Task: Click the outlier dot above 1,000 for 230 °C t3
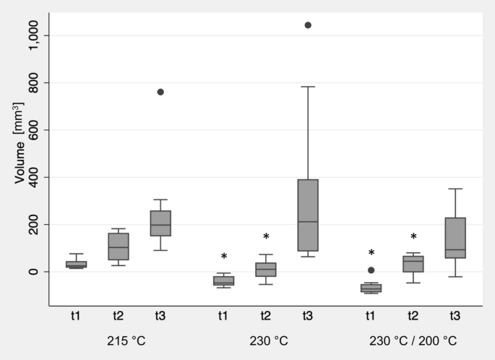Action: pyautogui.click(x=308, y=25)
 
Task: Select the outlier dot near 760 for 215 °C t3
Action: pyautogui.click(x=160, y=92)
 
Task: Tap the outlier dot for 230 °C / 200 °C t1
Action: pyautogui.click(x=371, y=270)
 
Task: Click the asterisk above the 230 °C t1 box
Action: pyautogui.click(x=224, y=257)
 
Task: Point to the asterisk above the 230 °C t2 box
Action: pyautogui.click(x=266, y=237)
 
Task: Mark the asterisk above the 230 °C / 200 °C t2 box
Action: pyautogui.click(x=413, y=237)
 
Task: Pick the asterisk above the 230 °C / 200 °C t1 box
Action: pyautogui.click(x=371, y=253)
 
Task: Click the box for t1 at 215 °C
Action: pyautogui.click(x=76, y=265)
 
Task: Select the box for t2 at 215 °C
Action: pyautogui.click(x=119, y=247)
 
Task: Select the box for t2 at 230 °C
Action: pyautogui.click(x=266, y=270)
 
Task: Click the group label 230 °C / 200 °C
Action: pyautogui.click(x=413, y=340)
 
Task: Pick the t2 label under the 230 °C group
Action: pyautogui.click(x=266, y=316)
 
